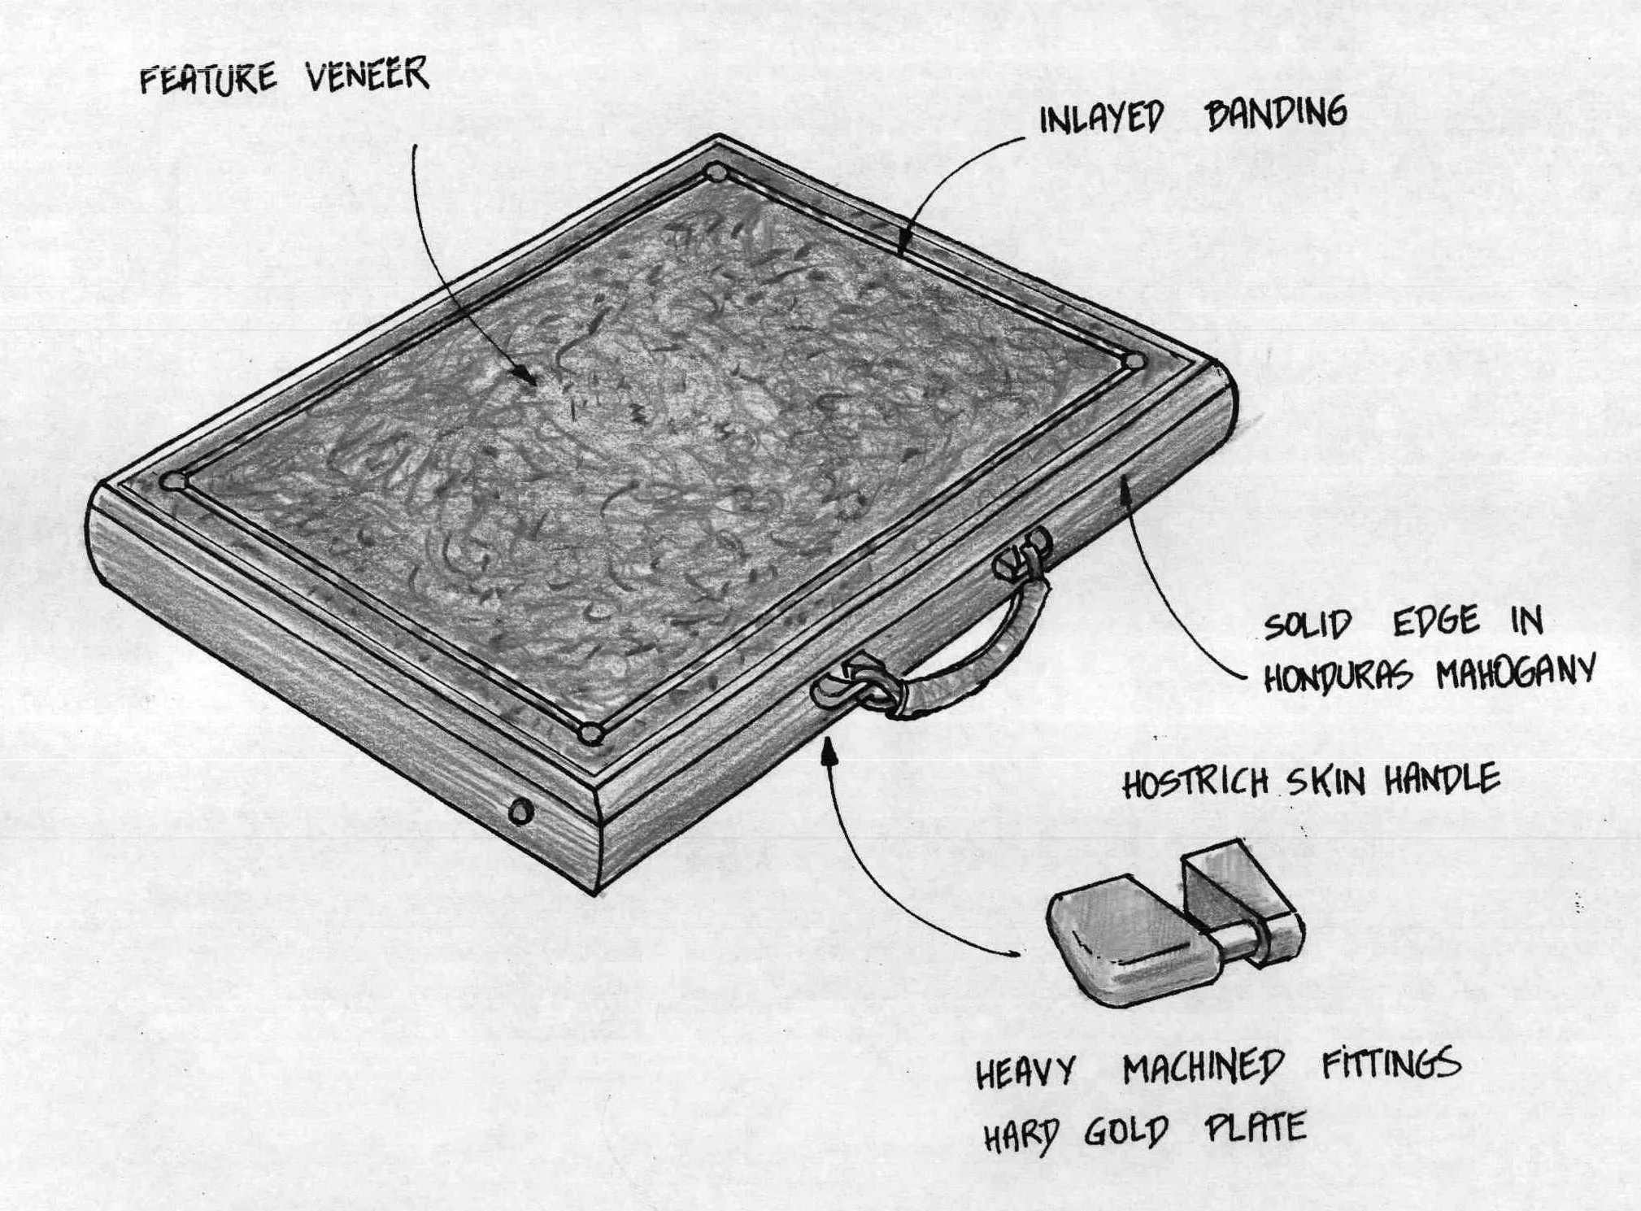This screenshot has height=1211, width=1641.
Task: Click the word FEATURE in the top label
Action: click(x=208, y=79)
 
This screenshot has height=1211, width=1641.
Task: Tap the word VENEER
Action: click(x=367, y=76)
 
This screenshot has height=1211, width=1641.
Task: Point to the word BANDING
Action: click(x=1276, y=113)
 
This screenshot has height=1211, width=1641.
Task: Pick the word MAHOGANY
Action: click(x=1515, y=673)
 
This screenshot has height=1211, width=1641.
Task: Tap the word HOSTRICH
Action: click(x=1195, y=783)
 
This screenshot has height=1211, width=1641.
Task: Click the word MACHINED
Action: click(x=1204, y=1068)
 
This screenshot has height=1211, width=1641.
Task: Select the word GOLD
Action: click(x=1126, y=1131)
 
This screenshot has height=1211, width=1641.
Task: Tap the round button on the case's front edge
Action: click(x=520, y=811)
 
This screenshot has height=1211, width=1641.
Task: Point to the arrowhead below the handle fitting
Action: click(x=829, y=750)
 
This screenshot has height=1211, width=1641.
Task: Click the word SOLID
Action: click(x=1307, y=625)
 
